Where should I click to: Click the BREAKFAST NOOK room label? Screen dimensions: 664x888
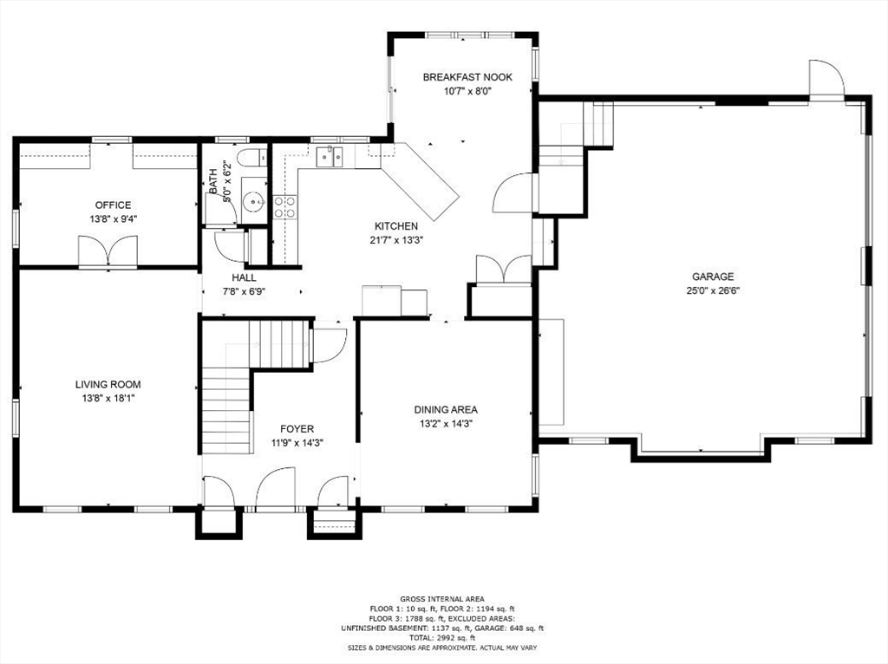(x=467, y=77)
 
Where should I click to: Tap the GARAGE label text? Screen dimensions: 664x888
(x=712, y=277)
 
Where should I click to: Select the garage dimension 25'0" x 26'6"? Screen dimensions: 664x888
(x=712, y=291)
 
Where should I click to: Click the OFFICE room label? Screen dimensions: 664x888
(x=113, y=205)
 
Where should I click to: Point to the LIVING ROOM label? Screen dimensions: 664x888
(x=108, y=384)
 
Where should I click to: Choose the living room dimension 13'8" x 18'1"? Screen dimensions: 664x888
(x=108, y=399)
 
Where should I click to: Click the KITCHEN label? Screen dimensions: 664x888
(x=395, y=226)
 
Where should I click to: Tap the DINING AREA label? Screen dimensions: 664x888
(x=446, y=409)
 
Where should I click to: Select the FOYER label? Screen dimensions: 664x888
(x=297, y=429)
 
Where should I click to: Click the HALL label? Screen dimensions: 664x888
(x=244, y=277)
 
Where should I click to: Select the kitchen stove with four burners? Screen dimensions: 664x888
(x=284, y=206)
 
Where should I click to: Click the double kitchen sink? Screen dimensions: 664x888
(x=329, y=156)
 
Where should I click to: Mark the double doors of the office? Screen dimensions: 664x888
(x=108, y=252)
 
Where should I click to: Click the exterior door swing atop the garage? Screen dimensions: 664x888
(x=826, y=80)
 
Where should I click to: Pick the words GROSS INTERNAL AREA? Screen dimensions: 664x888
(x=442, y=599)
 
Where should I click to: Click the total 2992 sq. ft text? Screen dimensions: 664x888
(x=442, y=637)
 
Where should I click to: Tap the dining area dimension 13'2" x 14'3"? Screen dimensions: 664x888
(x=446, y=424)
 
